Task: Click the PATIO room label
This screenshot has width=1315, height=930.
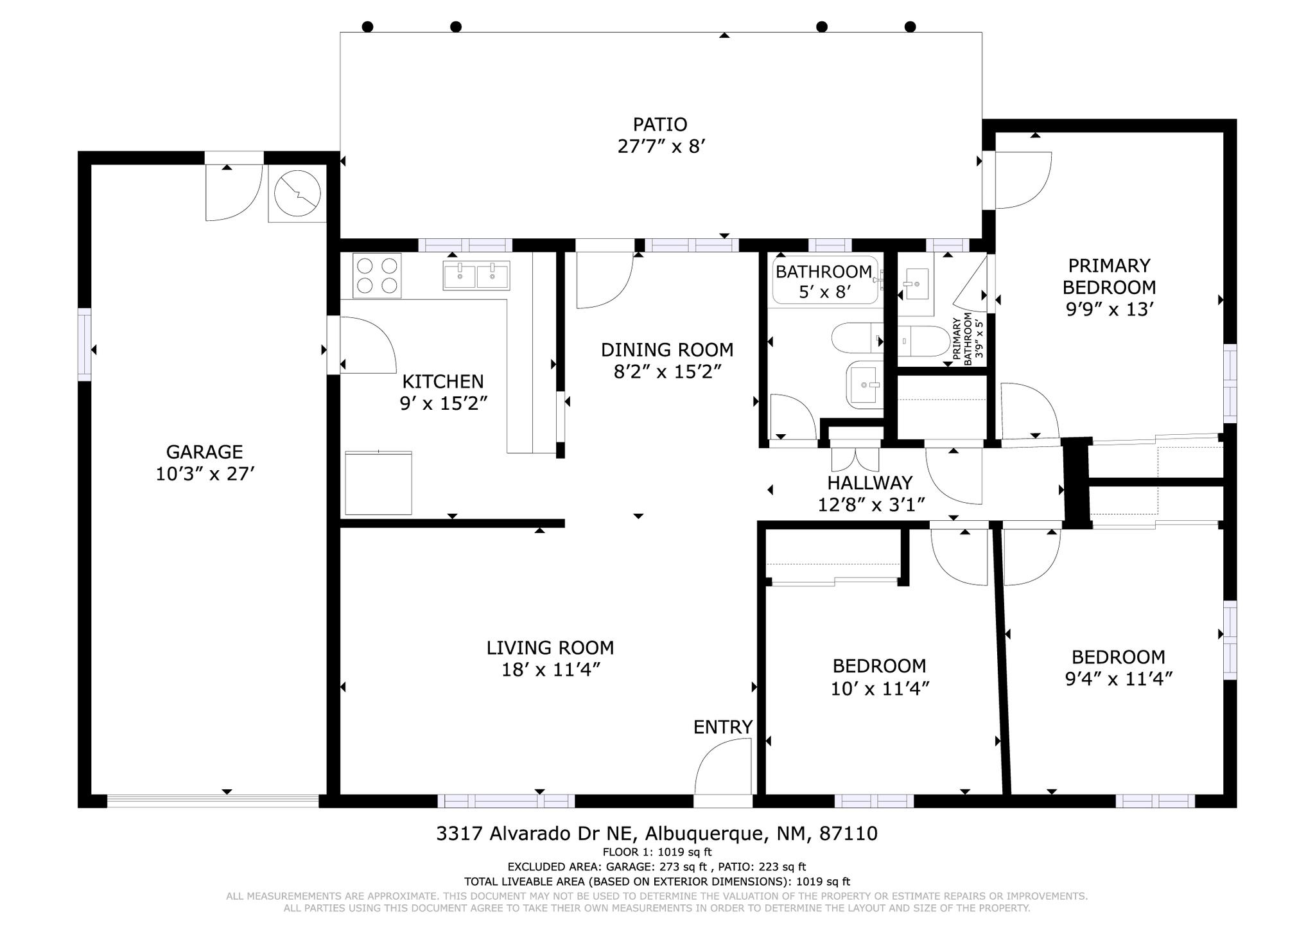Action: click(x=660, y=125)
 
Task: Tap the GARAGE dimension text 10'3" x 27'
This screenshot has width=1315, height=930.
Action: click(x=205, y=475)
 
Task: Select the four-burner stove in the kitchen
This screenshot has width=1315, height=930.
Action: click(x=377, y=276)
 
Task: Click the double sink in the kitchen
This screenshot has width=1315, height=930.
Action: click(x=476, y=276)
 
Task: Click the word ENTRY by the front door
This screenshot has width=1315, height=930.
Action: click(x=723, y=727)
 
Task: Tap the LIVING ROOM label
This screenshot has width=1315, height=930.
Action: click(x=550, y=647)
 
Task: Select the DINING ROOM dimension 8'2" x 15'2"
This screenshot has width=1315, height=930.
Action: click(x=668, y=373)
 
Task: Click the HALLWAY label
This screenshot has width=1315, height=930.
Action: click(x=870, y=482)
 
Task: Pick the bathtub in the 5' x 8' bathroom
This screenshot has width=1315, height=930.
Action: click(x=825, y=280)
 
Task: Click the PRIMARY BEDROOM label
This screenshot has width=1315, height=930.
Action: click(x=1109, y=276)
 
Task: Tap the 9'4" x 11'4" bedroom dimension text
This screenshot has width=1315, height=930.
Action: click(x=1119, y=680)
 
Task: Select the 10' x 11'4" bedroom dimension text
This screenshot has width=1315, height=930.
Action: click(x=880, y=689)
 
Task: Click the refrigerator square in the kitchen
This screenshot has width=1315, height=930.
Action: click(x=378, y=483)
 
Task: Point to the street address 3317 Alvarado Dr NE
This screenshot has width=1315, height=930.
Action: click(x=536, y=834)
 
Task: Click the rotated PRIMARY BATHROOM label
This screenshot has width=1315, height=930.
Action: click(x=966, y=342)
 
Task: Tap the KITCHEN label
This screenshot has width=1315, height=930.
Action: click(x=443, y=382)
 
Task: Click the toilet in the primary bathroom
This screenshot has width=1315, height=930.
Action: click(x=924, y=341)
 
